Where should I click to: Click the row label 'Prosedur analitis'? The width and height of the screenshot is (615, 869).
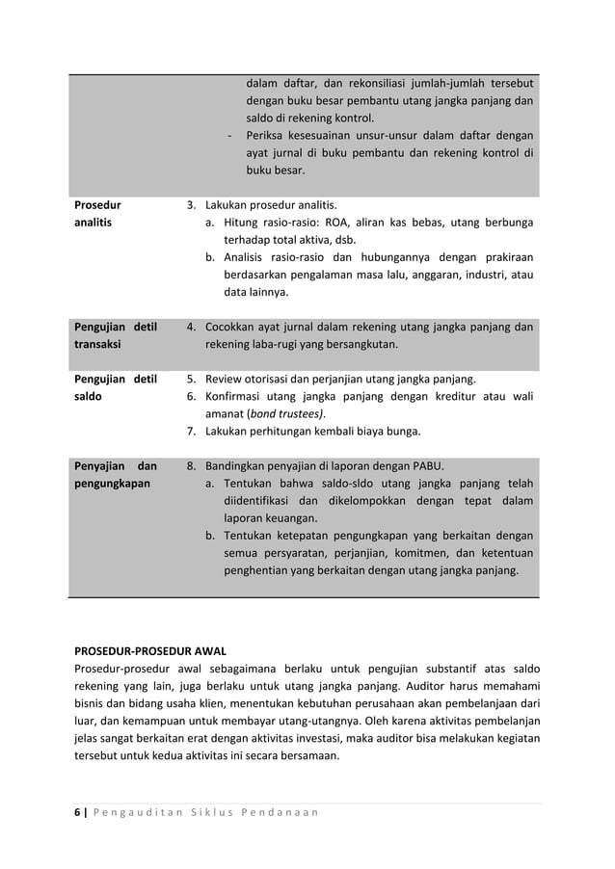click(x=98, y=214)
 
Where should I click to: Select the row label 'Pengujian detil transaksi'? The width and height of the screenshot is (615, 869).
click(x=115, y=335)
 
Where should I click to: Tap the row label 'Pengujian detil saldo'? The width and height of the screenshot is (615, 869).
click(x=115, y=387)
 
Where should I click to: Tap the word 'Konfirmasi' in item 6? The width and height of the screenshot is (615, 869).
click(x=236, y=396)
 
